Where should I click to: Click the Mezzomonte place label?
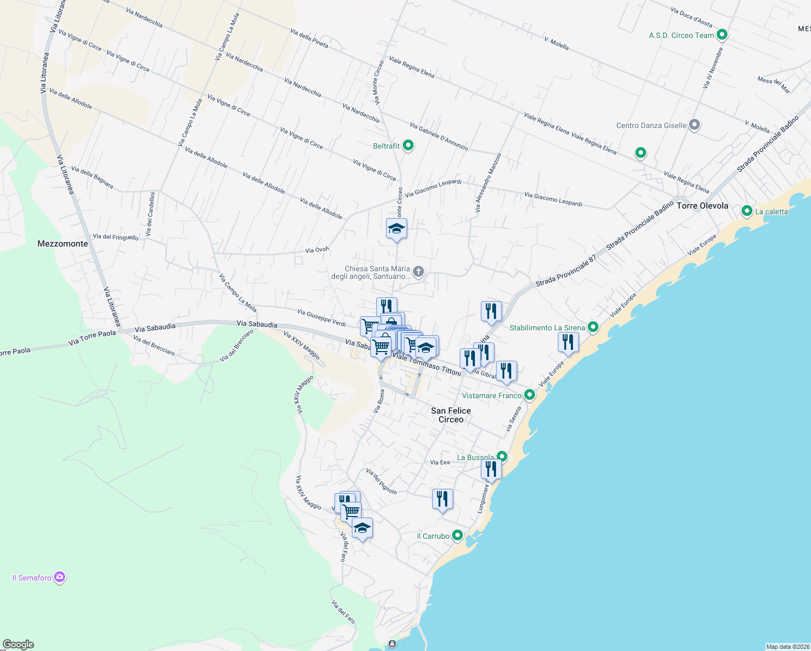point(62,244)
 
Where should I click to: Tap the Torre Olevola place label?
point(702,206)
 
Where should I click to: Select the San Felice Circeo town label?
point(450,415)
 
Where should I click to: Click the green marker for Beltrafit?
point(408,145)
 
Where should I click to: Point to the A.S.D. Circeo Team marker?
point(722,35)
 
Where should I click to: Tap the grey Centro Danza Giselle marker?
point(694,125)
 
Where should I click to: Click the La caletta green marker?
point(747,211)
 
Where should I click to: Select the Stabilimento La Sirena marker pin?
point(593,327)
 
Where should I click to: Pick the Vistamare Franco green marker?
point(530,395)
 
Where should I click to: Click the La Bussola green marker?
point(502,457)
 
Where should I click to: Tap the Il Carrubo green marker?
point(458,535)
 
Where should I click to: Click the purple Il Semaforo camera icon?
point(60,578)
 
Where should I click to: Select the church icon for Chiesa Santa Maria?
point(418,271)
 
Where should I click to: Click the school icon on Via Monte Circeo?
point(396,229)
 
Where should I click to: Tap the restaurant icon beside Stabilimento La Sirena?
point(568,342)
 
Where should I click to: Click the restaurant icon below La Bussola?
point(491,469)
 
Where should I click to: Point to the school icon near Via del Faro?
point(362,528)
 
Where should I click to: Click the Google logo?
point(18,644)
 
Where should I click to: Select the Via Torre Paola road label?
point(92,337)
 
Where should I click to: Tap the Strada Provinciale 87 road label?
point(565,271)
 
